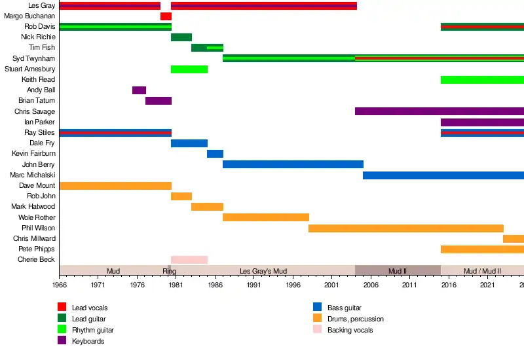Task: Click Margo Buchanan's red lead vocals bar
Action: tap(166, 16)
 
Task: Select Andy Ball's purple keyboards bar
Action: tap(139, 90)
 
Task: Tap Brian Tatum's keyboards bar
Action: tap(159, 101)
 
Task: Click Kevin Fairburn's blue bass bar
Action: tap(215, 154)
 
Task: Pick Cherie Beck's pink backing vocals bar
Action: tap(189, 260)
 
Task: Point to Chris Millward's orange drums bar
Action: tap(514, 239)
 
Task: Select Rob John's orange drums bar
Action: tap(181, 196)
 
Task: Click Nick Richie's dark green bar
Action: tap(181, 37)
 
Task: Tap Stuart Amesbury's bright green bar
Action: tap(189, 69)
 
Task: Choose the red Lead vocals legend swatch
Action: tap(62, 307)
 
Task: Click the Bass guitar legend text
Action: tap(345, 308)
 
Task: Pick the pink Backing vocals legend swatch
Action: tap(318, 330)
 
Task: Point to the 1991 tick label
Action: tap(253, 285)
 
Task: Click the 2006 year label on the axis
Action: tap(371, 285)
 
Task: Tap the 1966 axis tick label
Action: tap(59, 285)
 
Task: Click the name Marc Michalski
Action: tap(33, 175)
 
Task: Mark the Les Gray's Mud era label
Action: tap(263, 271)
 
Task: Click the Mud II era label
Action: tap(398, 271)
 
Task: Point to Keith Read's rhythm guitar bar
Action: tap(482, 80)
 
